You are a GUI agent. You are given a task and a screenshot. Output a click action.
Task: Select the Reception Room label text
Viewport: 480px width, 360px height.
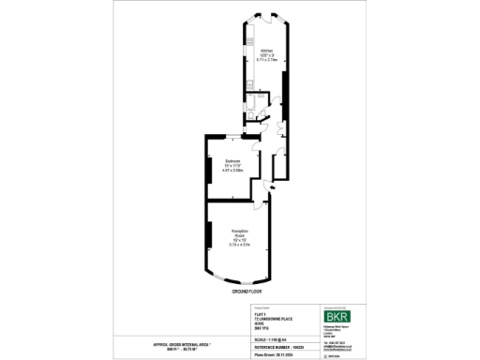[x=239, y=232]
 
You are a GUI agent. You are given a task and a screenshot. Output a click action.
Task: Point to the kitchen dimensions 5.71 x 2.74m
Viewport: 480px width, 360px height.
[x=266, y=60]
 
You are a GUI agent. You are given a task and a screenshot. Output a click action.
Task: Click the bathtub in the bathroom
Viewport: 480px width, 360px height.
[x=258, y=97]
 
